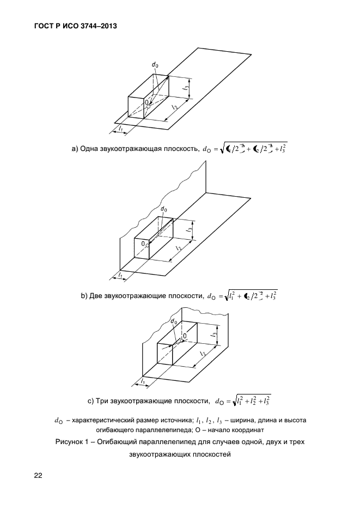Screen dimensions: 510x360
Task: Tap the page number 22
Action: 38,475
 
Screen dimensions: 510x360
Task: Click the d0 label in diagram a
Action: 155,65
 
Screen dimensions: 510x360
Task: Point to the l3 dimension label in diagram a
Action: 187,87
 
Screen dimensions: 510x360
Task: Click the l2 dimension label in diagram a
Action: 174,107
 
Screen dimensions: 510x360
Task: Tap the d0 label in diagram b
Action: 164,209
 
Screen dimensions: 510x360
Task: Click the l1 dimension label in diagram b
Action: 120,276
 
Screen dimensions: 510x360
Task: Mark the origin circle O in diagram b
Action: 148,246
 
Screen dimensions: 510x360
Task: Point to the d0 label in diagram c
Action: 174,322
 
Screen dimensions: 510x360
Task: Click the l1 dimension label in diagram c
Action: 142,381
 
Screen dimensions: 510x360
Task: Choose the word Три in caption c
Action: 103,402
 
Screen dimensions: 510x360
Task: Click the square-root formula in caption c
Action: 251,402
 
